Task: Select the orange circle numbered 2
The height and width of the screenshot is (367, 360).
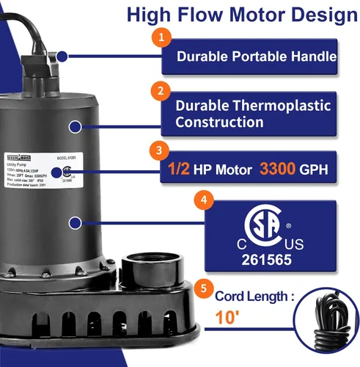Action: pos(159,92)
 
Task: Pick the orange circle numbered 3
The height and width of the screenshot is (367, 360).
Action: pos(159,150)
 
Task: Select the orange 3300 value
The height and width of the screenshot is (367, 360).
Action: pos(276,170)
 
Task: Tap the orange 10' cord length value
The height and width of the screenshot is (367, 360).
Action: pos(228,317)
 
